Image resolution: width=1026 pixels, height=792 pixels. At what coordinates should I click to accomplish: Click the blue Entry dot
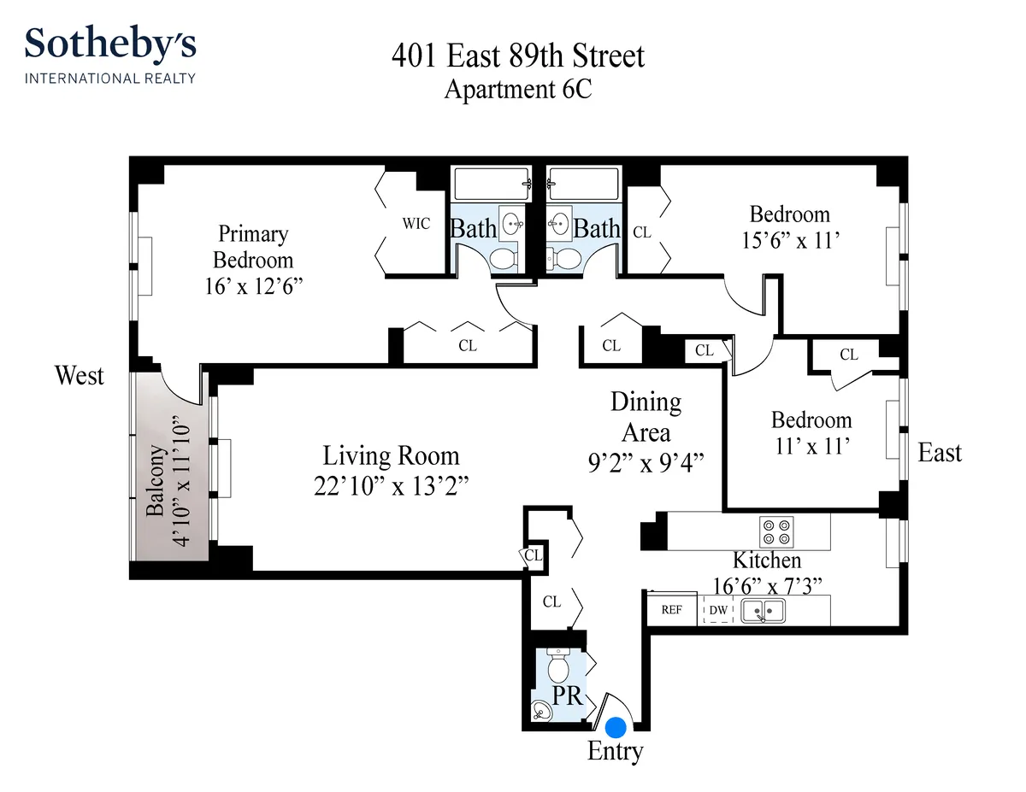pos(616,727)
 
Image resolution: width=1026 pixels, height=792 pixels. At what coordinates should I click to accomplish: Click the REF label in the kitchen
pos(672,610)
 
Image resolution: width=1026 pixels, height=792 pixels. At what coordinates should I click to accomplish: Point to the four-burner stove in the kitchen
pos(779,532)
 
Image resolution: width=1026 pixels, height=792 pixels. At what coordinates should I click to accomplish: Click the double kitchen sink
pos(763,611)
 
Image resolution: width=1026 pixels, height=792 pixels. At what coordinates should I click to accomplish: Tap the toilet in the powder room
pos(557,663)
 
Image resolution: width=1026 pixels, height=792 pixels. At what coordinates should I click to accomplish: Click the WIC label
pos(416,224)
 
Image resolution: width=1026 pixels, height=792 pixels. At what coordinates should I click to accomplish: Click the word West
pos(80,376)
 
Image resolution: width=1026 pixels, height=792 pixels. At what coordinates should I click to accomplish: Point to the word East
pos(940,453)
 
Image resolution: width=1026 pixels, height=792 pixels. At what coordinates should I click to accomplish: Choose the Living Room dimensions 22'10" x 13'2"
pos(391,485)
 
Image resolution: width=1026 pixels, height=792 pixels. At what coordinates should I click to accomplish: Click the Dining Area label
pos(646,416)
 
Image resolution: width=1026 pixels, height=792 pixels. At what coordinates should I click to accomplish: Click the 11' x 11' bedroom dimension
pos(811,446)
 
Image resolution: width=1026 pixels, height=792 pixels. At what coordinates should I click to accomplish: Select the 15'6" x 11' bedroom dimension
pos(789,240)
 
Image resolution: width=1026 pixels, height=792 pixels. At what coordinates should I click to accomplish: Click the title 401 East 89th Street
pos(517,56)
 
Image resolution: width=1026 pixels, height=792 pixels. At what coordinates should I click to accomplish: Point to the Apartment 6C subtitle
pos(517,89)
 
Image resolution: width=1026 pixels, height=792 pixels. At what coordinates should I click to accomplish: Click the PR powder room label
pos(567,695)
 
